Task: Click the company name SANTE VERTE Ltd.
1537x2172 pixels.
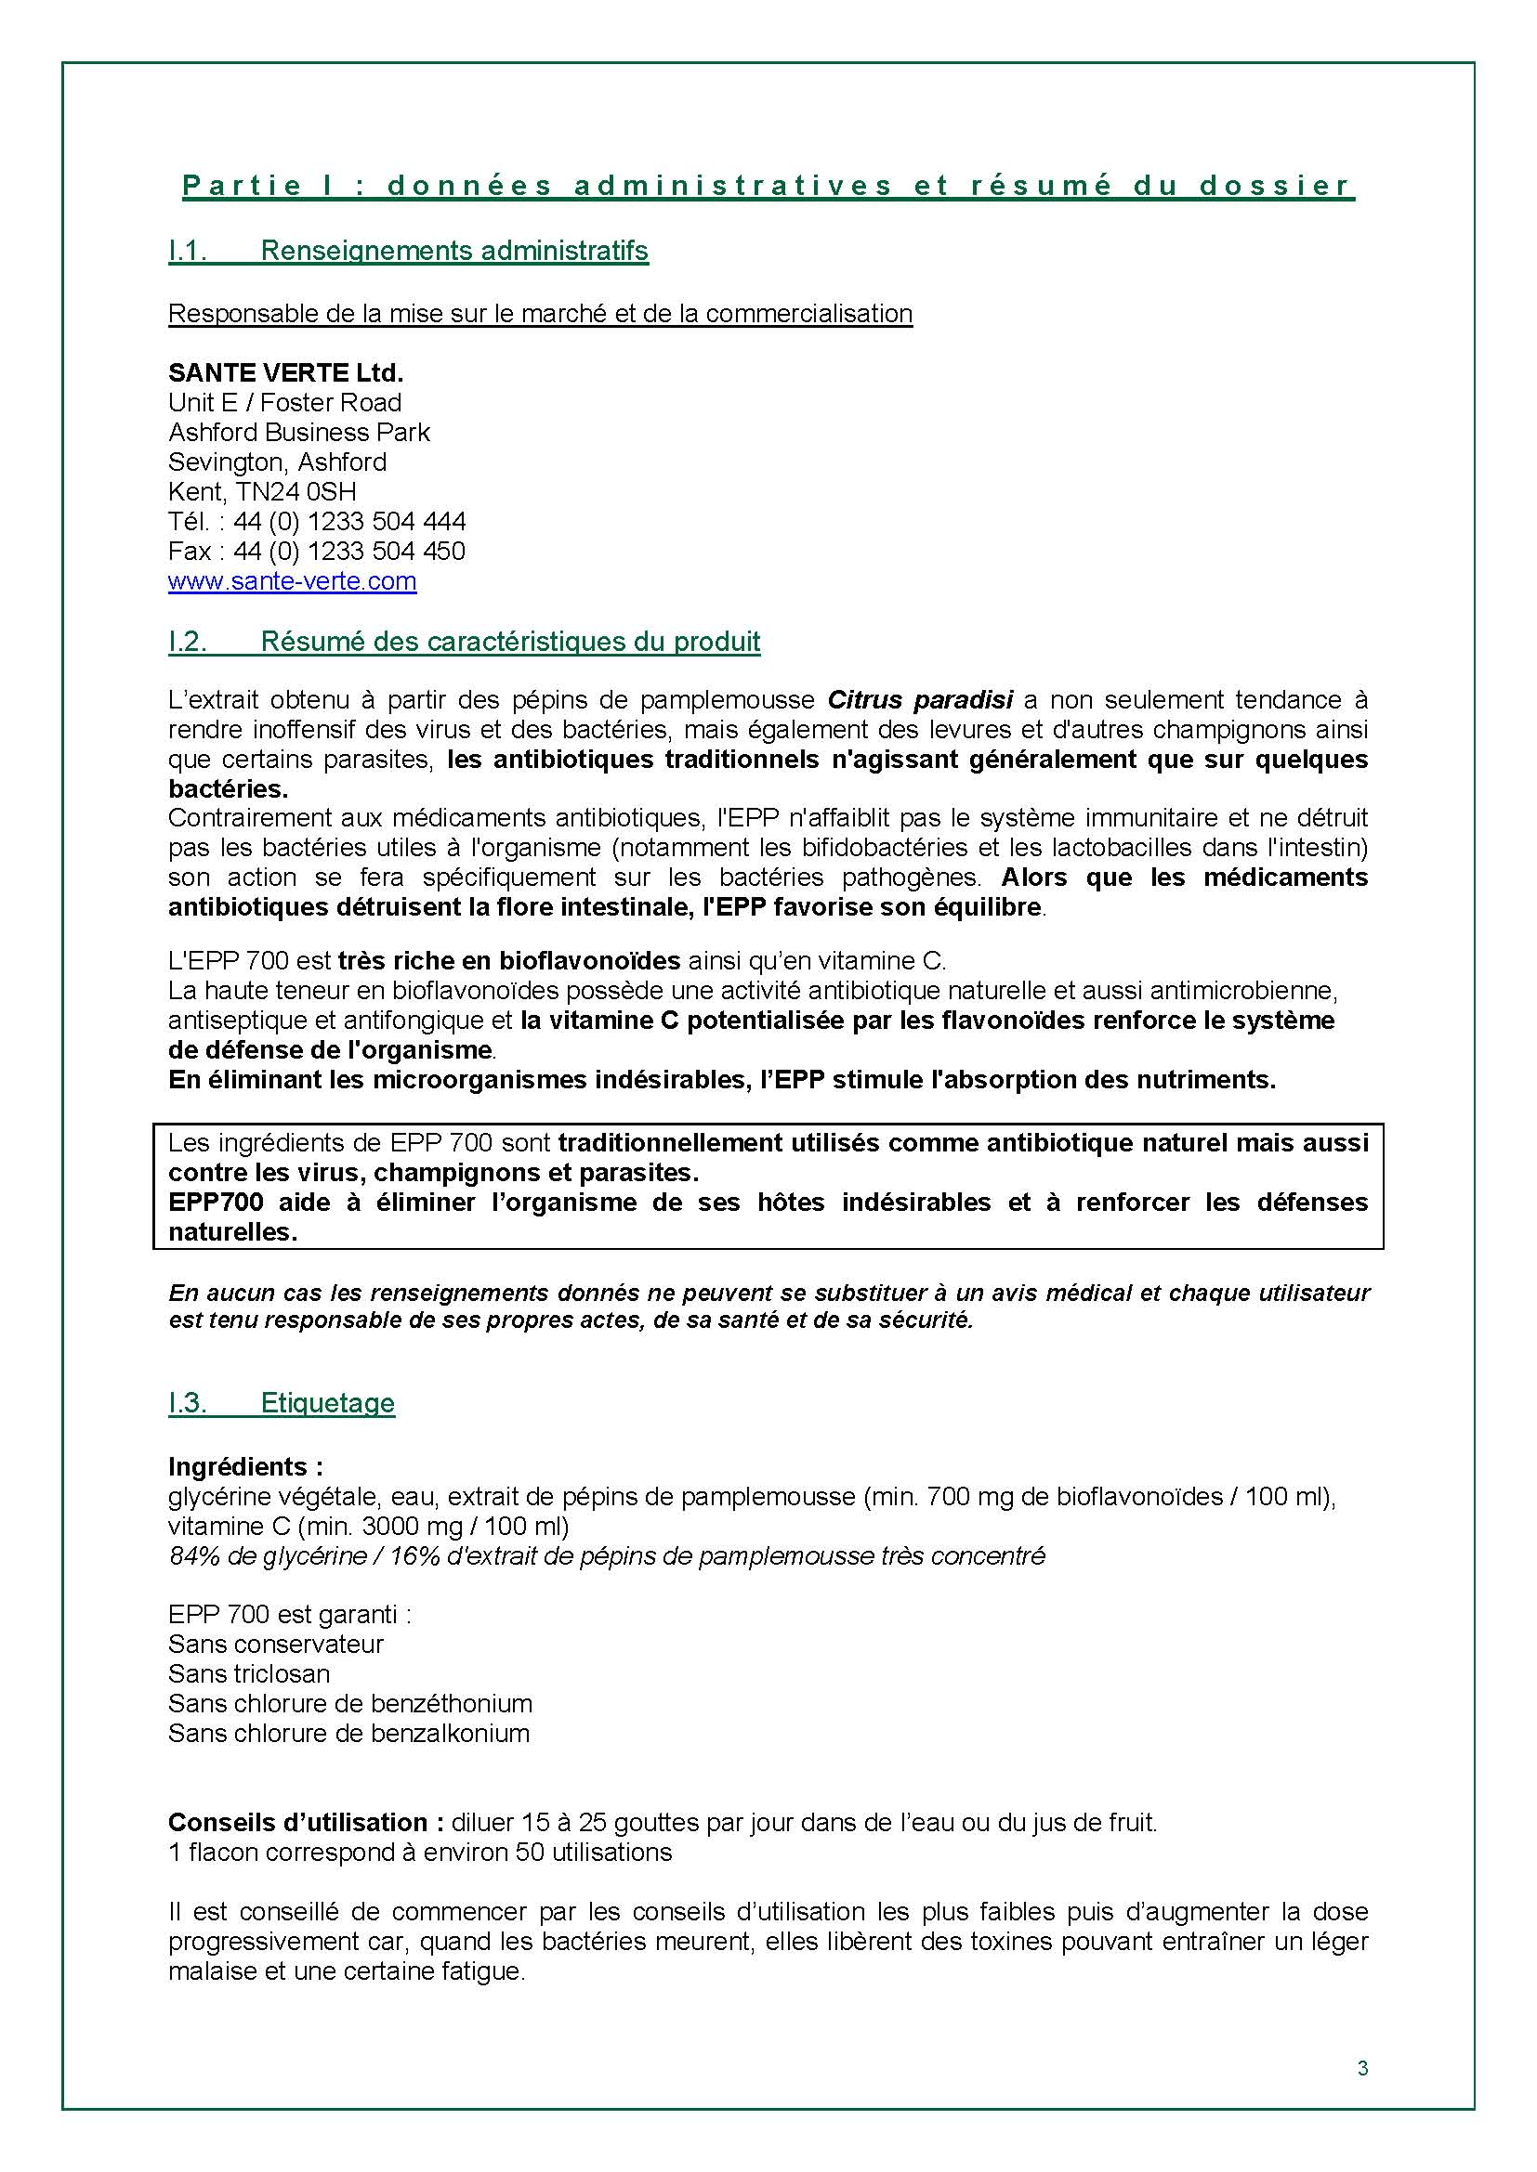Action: [x=285, y=372]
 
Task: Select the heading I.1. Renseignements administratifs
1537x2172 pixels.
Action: [x=408, y=252]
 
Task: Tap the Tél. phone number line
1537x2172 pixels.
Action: [x=316, y=521]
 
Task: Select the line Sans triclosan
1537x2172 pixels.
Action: [x=249, y=1673]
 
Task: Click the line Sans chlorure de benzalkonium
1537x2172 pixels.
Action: [x=348, y=1733]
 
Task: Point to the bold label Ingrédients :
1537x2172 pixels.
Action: [x=245, y=1467]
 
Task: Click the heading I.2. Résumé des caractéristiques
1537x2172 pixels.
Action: [x=464, y=643]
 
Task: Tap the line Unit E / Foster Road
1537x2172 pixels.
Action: [x=284, y=403]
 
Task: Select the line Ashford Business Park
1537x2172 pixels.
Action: [x=298, y=433]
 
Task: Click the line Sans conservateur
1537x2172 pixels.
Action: [x=275, y=1645]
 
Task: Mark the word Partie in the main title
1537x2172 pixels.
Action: [x=242, y=187]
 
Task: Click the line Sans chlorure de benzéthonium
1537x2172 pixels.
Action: [x=349, y=1704]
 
